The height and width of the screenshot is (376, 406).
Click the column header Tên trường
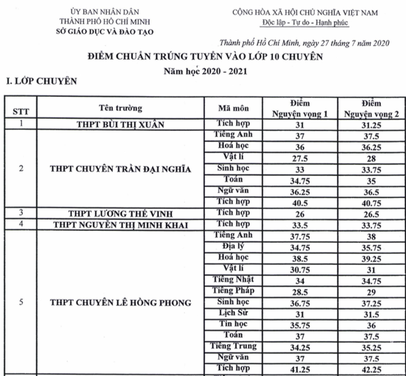120,108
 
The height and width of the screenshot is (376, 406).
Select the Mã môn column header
233,108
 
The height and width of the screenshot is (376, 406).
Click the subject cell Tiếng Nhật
233,280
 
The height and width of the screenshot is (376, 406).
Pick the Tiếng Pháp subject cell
233,291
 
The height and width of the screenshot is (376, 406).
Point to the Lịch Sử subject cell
233,313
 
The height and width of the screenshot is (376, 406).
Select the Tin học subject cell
233,324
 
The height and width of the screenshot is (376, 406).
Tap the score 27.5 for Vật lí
299,158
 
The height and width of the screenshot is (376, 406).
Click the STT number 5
21,302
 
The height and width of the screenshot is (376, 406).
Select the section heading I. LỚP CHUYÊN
41,80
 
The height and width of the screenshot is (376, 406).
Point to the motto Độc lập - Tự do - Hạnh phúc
305,24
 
